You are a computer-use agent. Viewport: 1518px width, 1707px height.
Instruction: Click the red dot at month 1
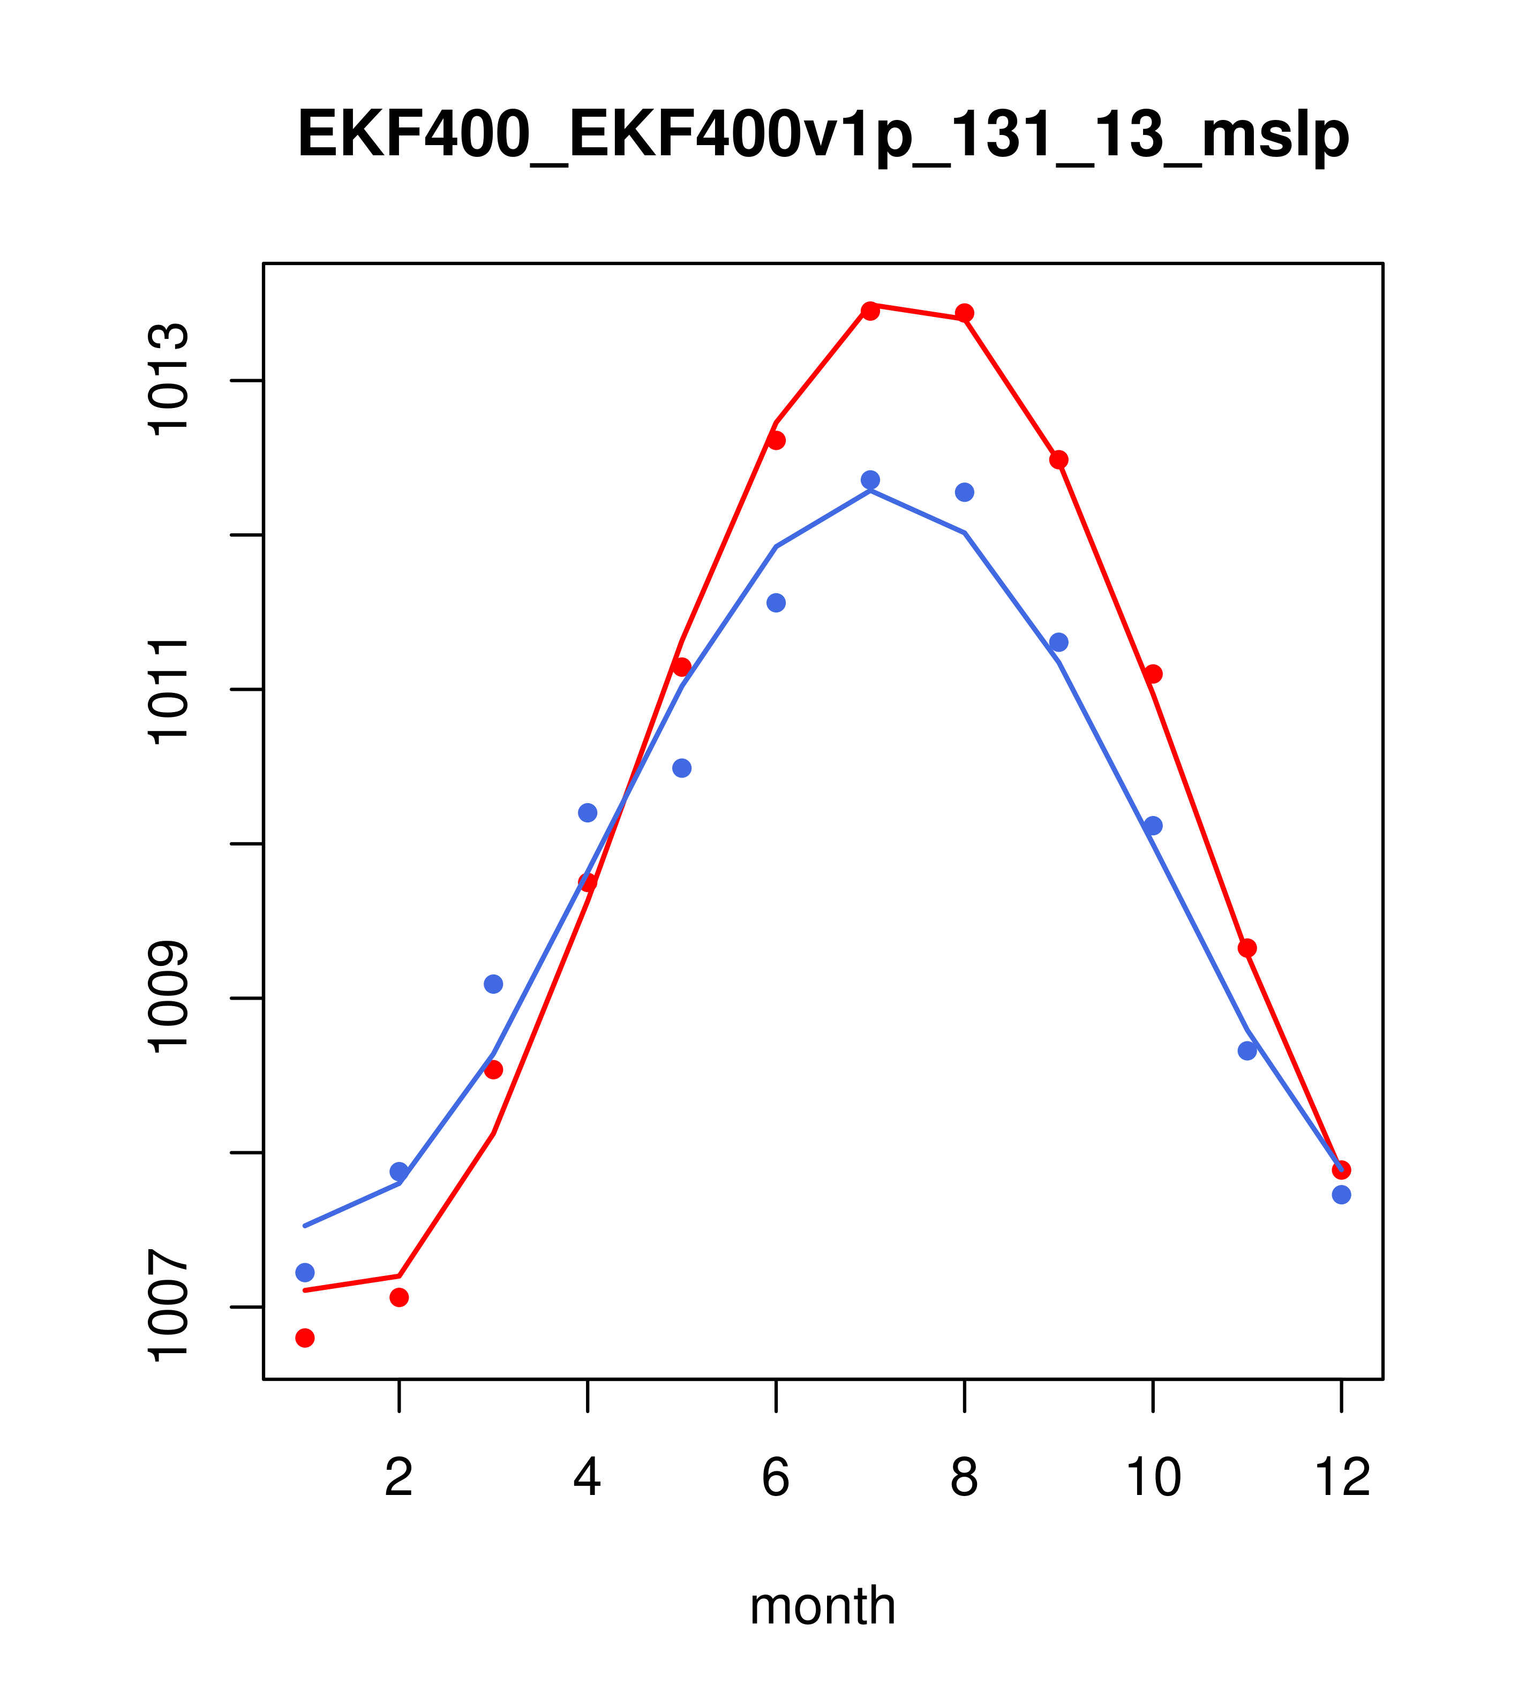click(305, 1338)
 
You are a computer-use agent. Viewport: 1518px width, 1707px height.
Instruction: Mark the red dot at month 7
click(870, 311)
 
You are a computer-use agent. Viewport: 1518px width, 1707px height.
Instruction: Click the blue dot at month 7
click(870, 479)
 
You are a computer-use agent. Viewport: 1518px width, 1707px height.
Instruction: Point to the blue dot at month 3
click(494, 984)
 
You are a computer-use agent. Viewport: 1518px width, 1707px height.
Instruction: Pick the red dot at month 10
click(1153, 674)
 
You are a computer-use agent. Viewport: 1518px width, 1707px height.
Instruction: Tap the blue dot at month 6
click(776, 603)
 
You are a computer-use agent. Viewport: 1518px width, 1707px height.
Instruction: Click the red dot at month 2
click(400, 1297)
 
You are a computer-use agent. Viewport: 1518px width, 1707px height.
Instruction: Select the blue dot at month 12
click(1342, 1195)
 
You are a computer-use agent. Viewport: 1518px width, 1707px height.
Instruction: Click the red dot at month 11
click(1248, 948)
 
